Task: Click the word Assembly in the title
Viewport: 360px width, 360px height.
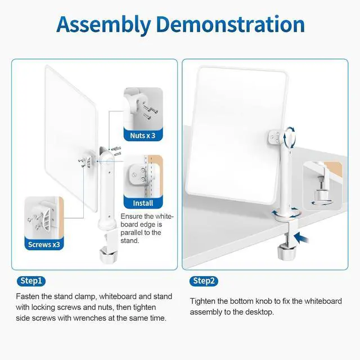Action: tap(103, 25)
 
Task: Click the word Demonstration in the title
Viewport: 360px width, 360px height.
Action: tap(231, 24)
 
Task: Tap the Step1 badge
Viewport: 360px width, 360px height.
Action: tap(31, 281)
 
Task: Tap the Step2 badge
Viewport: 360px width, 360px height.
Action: tap(204, 281)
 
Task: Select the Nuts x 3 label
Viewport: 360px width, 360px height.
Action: tap(143, 136)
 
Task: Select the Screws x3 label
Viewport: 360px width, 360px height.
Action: tap(44, 245)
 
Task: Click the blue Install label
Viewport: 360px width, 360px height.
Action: tap(143, 203)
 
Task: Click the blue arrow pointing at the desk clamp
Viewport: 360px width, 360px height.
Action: tap(301, 238)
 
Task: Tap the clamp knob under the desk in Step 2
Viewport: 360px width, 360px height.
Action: tap(286, 252)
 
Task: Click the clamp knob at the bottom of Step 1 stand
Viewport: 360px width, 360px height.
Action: tap(109, 254)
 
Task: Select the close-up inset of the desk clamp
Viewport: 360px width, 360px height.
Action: tap(323, 186)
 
